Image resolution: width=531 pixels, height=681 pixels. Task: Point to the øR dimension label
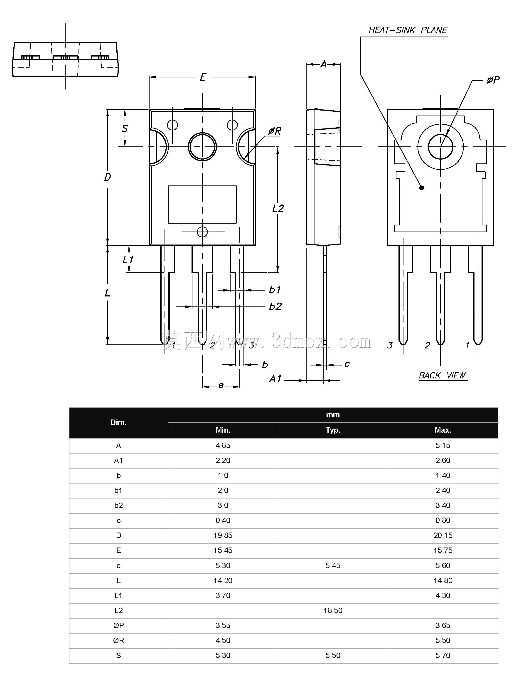(x=275, y=131)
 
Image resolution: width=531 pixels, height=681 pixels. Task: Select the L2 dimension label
(x=278, y=208)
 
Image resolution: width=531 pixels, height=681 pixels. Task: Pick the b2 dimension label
(x=275, y=306)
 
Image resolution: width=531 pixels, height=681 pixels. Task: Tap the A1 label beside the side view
(x=275, y=379)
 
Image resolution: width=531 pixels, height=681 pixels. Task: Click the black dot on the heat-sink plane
(x=422, y=188)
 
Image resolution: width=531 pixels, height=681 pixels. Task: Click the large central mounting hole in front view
(x=202, y=147)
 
